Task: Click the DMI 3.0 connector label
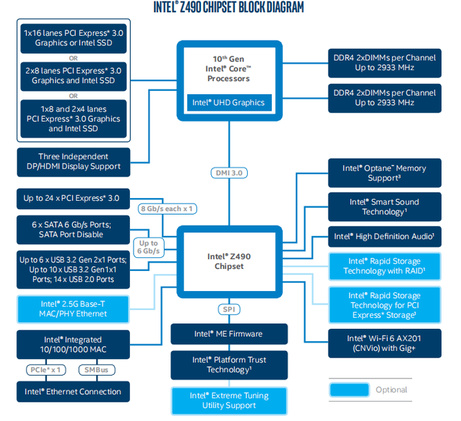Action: point(229,173)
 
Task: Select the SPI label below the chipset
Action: point(229,310)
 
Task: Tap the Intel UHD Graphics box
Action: point(229,102)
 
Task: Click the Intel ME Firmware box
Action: point(229,334)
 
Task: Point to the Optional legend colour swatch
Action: point(350,390)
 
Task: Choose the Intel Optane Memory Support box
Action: point(385,173)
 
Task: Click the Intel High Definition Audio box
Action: point(385,237)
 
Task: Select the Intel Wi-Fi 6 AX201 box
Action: point(385,343)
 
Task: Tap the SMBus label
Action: point(97,370)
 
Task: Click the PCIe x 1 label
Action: point(46,370)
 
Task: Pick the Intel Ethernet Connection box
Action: point(73,391)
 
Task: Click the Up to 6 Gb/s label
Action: point(149,247)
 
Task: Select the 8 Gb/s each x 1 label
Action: point(167,209)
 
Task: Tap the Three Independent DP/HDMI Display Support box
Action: point(74,162)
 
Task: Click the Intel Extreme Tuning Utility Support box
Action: point(229,401)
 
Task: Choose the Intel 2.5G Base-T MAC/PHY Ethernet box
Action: point(73,310)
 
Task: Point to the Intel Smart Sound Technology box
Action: point(385,207)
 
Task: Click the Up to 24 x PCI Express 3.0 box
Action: point(73,199)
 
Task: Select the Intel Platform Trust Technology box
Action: point(229,365)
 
